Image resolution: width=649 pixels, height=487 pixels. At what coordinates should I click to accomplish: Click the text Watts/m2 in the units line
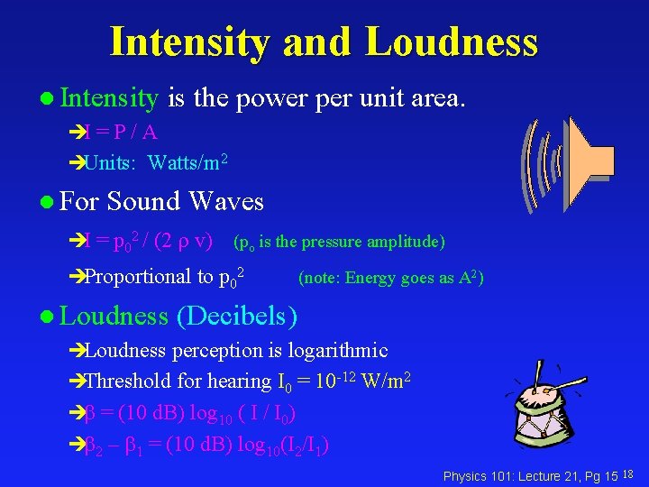click(x=187, y=163)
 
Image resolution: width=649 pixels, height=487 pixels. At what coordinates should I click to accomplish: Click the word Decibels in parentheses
click(x=237, y=316)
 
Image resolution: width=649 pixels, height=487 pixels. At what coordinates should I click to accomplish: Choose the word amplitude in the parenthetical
click(x=404, y=242)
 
